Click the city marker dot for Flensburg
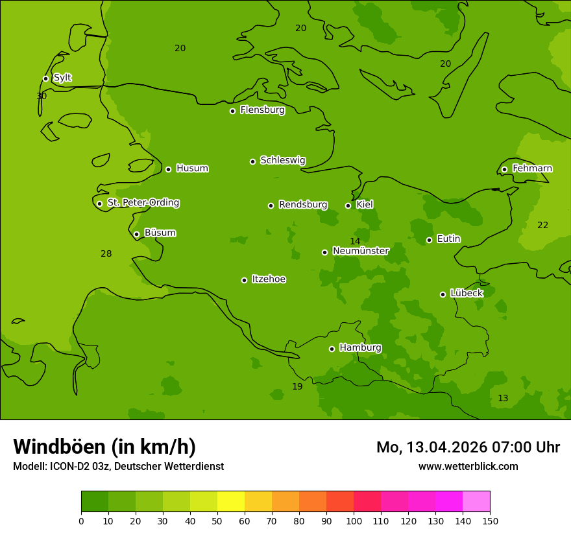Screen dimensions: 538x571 232,111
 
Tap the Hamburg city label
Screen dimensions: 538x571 360,348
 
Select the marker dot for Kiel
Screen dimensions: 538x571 348,205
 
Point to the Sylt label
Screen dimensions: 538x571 62,78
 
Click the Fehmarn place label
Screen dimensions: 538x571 532,169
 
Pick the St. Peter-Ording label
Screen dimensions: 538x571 143,203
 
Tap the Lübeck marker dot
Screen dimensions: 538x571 443,294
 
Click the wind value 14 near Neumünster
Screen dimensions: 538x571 355,242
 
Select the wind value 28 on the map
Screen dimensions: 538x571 106,253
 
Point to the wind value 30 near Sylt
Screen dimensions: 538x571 42,96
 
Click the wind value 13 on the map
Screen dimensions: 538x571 503,398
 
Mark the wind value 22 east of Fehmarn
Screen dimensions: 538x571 542,225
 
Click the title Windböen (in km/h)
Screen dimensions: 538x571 104,447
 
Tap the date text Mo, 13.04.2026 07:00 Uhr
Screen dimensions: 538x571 468,447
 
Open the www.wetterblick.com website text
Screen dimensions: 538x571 468,466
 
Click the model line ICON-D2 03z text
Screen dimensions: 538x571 118,466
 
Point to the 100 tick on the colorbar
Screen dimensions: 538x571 354,520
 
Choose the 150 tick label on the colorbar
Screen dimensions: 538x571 490,520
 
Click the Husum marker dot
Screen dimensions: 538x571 168,169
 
